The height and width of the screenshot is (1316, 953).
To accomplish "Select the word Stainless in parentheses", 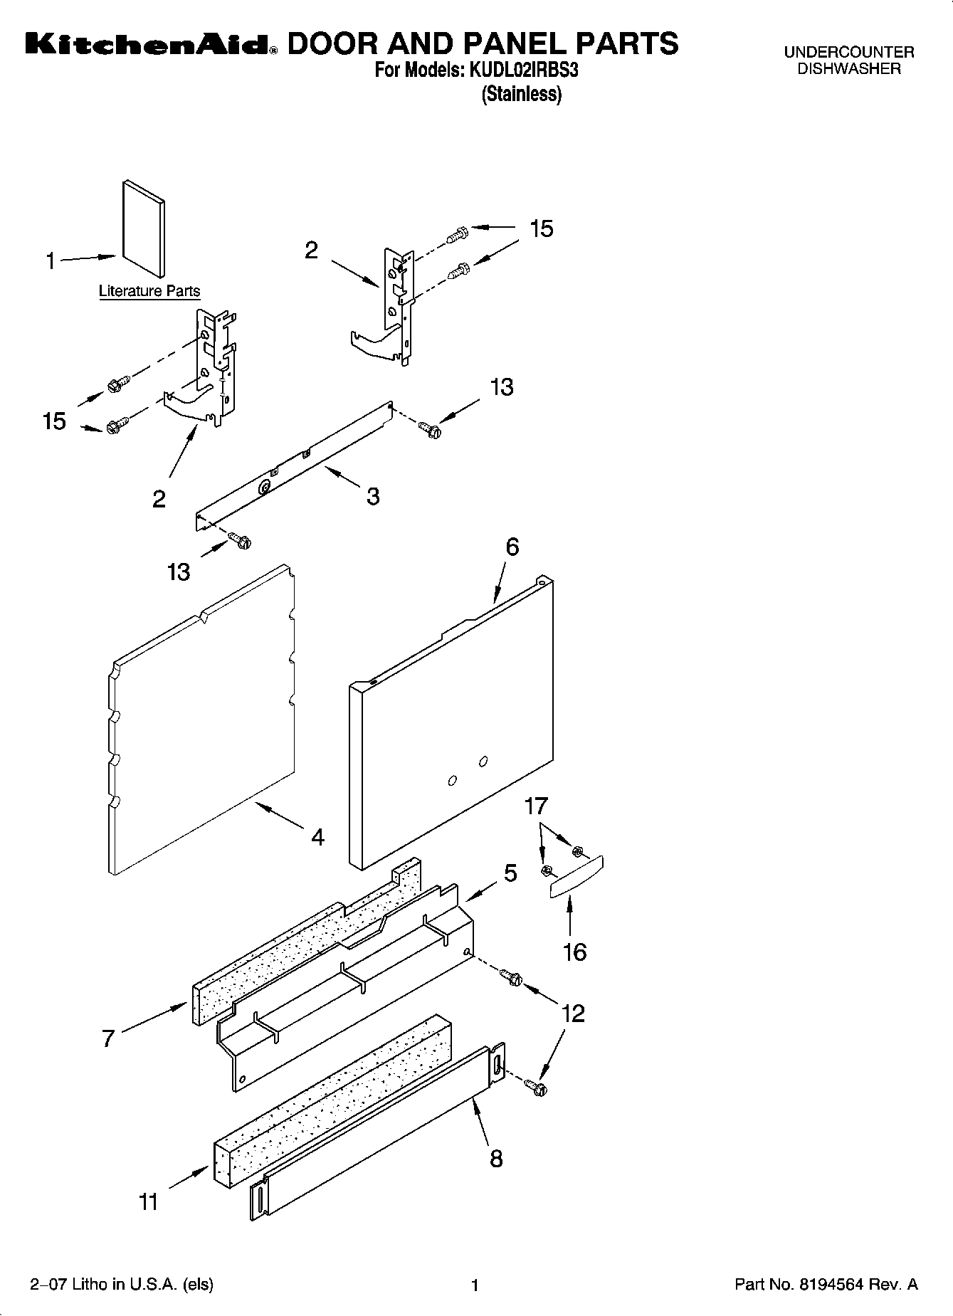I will (x=522, y=94).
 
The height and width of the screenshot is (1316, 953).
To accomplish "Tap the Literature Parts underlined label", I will (x=149, y=291).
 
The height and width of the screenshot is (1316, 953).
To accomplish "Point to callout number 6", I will (x=512, y=547).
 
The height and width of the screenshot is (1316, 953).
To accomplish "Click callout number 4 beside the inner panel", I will (x=317, y=837).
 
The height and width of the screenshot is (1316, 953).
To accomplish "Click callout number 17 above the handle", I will (x=536, y=806).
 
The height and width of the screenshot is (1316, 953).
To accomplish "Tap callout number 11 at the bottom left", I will (x=148, y=1202).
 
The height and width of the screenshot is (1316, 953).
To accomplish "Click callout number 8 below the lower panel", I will (x=496, y=1159).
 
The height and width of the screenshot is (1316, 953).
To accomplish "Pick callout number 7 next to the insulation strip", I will (x=107, y=1038).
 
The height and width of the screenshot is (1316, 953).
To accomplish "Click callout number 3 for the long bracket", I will (x=373, y=496).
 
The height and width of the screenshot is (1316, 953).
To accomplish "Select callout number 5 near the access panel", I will (x=510, y=873).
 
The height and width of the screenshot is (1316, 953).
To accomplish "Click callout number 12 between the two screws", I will (x=573, y=1013).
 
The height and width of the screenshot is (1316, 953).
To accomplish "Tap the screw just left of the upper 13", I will (x=429, y=428).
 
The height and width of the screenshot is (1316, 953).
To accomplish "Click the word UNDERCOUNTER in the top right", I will (x=848, y=52).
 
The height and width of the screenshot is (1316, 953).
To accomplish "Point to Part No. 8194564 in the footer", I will (x=826, y=1285).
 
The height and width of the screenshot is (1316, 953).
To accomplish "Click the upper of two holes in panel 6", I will (x=483, y=762).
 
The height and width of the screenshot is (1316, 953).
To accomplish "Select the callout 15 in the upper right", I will (x=542, y=229).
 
